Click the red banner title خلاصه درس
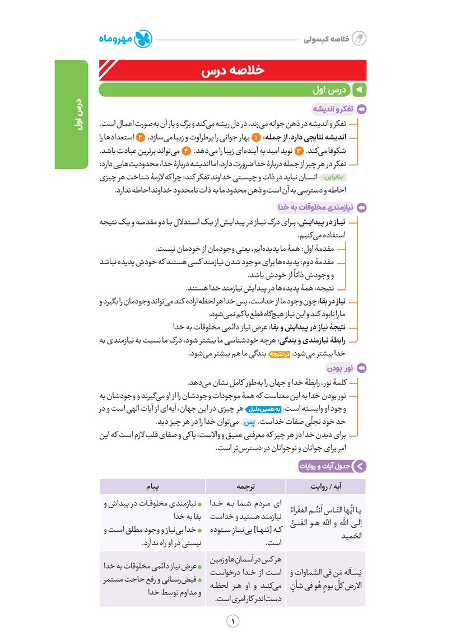[x=232, y=71]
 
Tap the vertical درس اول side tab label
[x=71, y=115]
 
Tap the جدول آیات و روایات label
[x=325, y=465]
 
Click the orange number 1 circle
[x=256, y=137]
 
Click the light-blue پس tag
[x=252, y=423]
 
